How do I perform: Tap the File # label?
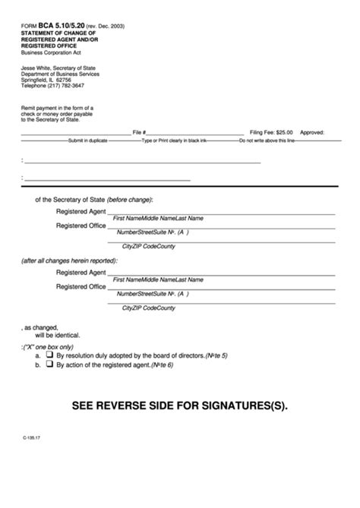139,131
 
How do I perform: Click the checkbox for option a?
49,355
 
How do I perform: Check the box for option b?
49,365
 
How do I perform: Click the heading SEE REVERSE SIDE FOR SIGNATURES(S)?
180,405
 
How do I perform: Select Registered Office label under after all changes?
81,286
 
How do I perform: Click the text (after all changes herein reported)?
69,260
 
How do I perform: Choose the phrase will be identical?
56,335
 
